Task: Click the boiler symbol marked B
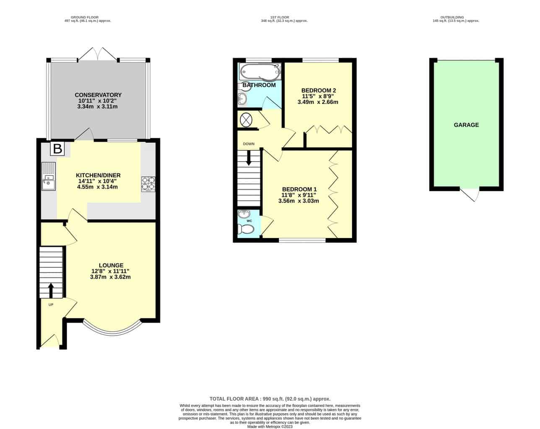(57, 148)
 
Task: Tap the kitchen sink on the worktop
(49, 176)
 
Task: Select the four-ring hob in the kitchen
(148, 184)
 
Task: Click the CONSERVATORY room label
(98, 95)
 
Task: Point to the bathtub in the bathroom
(260, 71)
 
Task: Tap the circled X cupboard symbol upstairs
(246, 120)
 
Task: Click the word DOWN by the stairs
(249, 144)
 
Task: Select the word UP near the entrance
(51, 305)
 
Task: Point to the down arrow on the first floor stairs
(249, 158)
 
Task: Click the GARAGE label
(466, 125)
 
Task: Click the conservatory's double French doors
(98, 54)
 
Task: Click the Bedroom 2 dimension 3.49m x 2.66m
(318, 102)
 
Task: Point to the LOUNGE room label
(111, 266)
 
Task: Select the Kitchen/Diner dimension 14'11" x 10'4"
(97, 181)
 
